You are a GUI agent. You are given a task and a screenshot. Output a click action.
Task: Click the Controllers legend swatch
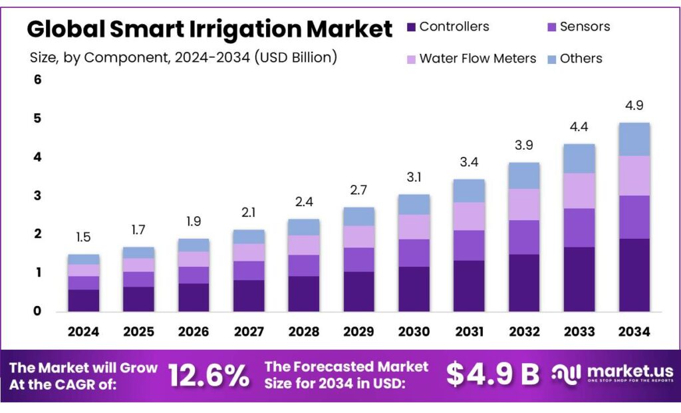click(x=411, y=27)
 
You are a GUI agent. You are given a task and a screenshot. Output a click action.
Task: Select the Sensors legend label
click(x=585, y=27)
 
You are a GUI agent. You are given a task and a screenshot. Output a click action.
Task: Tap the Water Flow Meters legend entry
click(x=477, y=59)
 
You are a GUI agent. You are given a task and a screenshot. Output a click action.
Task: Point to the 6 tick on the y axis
click(x=37, y=80)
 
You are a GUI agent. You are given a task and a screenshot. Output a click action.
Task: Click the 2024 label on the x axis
click(x=83, y=331)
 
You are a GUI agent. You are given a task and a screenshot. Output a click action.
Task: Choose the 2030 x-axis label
click(x=414, y=331)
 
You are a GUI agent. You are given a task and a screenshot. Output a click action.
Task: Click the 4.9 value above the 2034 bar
click(x=634, y=106)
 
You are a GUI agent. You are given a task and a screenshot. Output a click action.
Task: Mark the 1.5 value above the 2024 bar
click(x=83, y=237)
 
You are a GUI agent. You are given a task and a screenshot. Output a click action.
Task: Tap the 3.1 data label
click(x=414, y=178)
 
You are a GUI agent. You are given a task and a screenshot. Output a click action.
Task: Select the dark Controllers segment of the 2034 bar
click(x=634, y=275)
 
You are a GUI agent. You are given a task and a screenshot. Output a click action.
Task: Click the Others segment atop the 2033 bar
click(x=579, y=158)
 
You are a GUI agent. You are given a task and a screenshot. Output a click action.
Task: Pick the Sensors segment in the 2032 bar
click(x=523, y=237)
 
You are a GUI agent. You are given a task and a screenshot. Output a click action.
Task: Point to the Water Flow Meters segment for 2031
click(x=469, y=216)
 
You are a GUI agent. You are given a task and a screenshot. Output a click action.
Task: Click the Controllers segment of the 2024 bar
click(x=83, y=300)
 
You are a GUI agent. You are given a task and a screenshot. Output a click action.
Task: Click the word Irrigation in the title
click(x=246, y=29)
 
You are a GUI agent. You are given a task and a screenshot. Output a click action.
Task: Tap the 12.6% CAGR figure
click(x=208, y=375)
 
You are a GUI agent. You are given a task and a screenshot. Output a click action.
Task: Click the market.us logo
click(x=613, y=374)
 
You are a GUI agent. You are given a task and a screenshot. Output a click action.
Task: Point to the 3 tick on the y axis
click(x=37, y=196)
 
